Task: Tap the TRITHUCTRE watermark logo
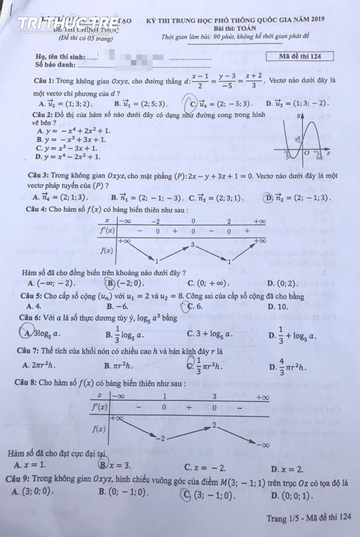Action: pyautogui.click(x=68, y=24)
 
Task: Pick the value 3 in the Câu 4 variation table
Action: pyautogui.click(x=192, y=245)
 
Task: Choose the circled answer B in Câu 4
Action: pyautogui.click(x=111, y=283)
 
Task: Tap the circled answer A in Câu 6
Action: pyautogui.click(x=26, y=333)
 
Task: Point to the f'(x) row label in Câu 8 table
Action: pyautogui.click(x=100, y=407)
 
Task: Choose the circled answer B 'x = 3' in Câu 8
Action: pyautogui.click(x=102, y=464)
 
